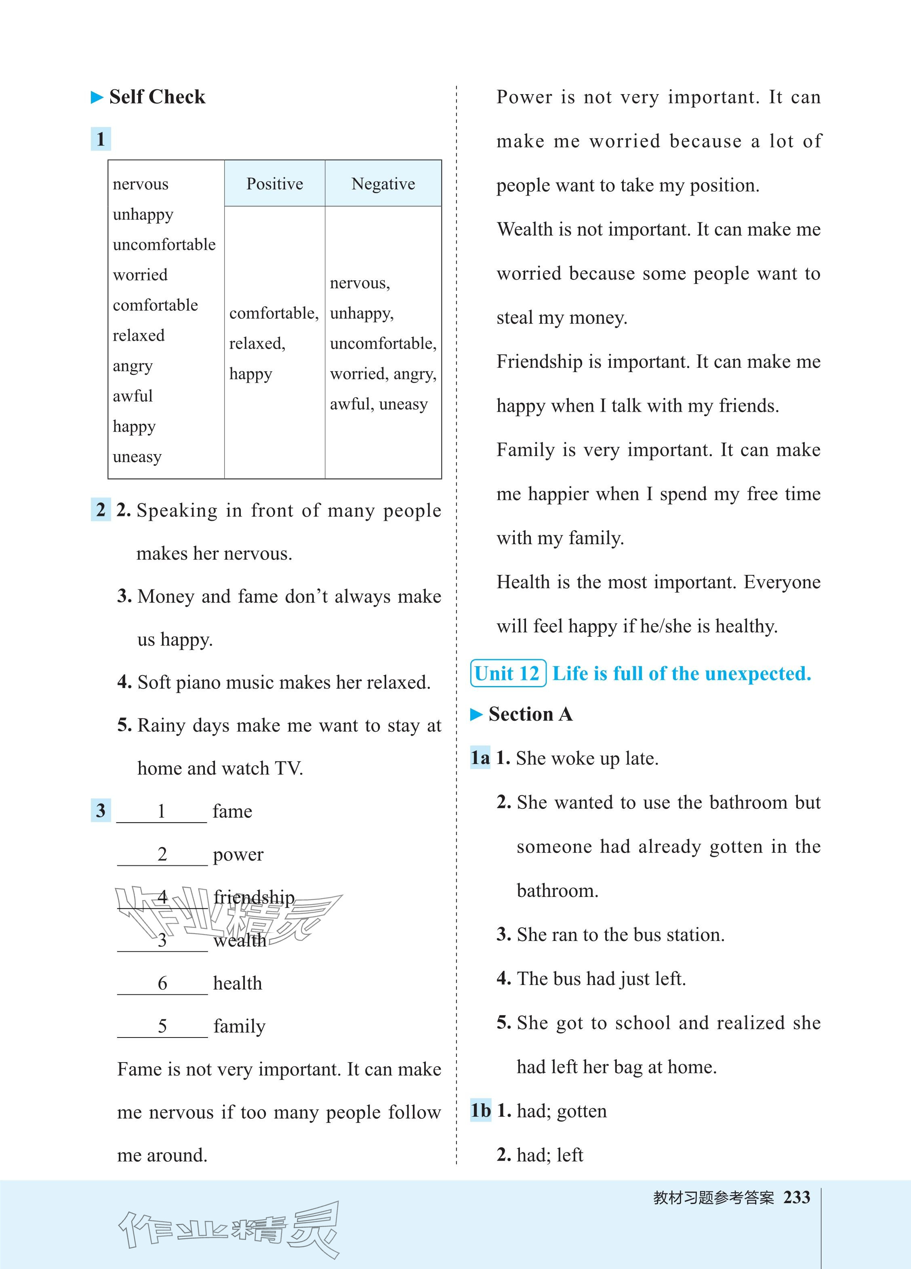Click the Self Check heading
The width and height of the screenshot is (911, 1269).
tap(157, 97)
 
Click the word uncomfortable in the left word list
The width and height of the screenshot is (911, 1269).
tap(164, 244)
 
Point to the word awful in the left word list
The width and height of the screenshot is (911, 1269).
tap(133, 396)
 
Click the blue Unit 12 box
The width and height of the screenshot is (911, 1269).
tap(507, 673)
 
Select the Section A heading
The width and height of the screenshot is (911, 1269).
tap(530, 715)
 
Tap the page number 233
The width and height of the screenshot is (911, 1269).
tap(797, 1197)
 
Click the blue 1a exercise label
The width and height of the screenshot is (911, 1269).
tap(480, 758)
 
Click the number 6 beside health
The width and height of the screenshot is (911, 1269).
tap(162, 983)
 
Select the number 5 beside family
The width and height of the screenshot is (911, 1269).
tap(162, 1026)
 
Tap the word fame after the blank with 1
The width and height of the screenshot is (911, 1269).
tap(232, 811)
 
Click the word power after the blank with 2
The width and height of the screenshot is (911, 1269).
tap(238, 854)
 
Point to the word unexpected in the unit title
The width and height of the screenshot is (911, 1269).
tap(757, 673)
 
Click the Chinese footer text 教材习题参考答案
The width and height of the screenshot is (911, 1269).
tap(713, 1198)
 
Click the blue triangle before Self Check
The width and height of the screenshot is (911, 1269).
tap(97, 98)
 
